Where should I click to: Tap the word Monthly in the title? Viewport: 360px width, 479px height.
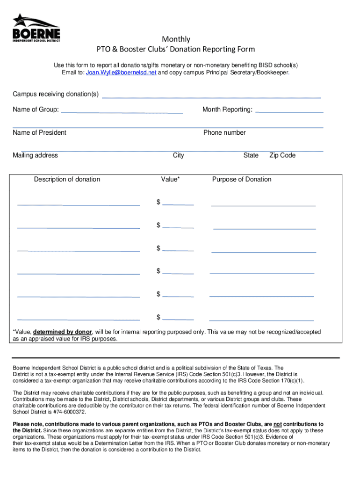coord(176,39)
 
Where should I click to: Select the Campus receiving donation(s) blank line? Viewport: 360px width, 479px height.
coord(211,96)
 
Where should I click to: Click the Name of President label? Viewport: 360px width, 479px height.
coord(40,132)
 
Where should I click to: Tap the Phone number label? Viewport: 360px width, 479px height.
coord(224,132)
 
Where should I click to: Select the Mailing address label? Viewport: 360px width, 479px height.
coord(36,155)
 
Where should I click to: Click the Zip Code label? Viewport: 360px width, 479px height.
coord(282,155)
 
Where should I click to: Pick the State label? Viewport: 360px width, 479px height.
coord(251,155)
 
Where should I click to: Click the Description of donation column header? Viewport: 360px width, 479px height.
coord(67,179)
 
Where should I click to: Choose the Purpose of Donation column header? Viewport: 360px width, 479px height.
coord(242,179)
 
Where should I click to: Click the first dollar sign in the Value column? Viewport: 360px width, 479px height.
coord(159,202)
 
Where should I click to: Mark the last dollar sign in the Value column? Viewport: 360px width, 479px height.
coord(159,317)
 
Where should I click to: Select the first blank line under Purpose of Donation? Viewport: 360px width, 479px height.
coord(263,204)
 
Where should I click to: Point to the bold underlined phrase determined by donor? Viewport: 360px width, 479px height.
coord(63,332)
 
